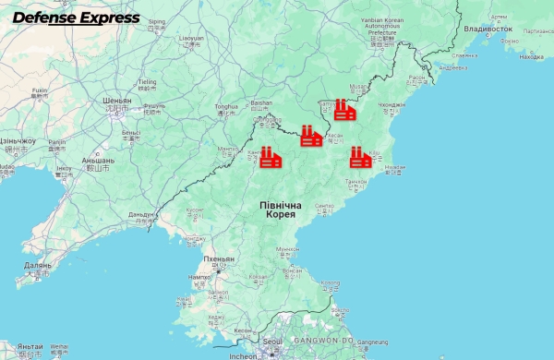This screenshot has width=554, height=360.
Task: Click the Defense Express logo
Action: click(76, 18)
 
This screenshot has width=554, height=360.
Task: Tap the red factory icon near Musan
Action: click(345, 110)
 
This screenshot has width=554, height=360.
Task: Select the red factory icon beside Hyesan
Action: click(311, 137)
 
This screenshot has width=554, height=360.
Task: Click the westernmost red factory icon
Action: click(270, 157)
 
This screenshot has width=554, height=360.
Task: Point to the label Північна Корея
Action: click(277, 208)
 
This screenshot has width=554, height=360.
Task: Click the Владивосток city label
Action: click(488, 29)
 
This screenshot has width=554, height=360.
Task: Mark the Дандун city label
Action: click(141, 214)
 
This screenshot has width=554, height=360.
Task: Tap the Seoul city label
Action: click(271, 341)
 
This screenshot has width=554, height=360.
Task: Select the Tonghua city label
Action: click(227, 107)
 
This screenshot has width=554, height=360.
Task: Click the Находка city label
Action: click(531, 56)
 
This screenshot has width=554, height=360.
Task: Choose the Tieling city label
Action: click(147, 81)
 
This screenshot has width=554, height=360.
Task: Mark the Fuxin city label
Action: click(39, 90)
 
